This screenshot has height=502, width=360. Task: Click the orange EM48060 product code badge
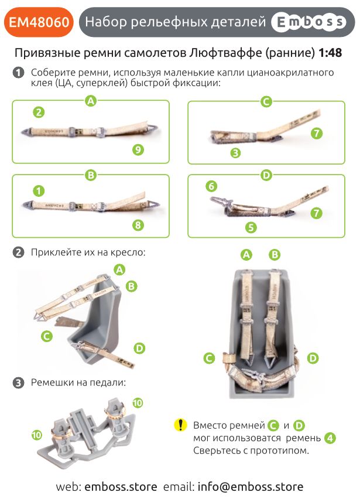pyautogui.click(x=39, y=22)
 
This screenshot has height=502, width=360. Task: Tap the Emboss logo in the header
pyautogui.click(x=309, y=22)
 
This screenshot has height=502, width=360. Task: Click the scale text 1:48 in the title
pyautogui.click(x=330, y=53)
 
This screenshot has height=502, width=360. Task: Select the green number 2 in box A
pyautogui.click(x=39, y=112)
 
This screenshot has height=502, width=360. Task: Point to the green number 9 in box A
pyautogui.click(x=138, y=149)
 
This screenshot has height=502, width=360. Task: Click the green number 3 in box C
pyautogui.click(x=235, y=153)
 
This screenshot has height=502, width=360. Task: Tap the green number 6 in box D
pyautogui.click(x=211, y=186)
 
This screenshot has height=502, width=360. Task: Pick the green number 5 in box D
pyautogui.click(x=251, y=227)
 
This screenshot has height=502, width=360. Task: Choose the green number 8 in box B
pyautogui.click(x=138, y=225)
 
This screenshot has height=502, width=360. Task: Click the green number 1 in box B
pyautogui.click(x=39, y=191)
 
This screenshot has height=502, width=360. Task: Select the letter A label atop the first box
pyautogui.click(x=91, y=101)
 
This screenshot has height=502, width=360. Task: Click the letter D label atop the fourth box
pyautogui.click(x=266, y=175)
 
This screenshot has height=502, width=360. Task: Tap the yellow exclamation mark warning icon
pyautogui.click(x=180, y=425)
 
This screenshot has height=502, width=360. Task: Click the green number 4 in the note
pyautogui.click(x=330, y=438)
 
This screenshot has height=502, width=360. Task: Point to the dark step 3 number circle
pyautogui.click(x=18, y=383)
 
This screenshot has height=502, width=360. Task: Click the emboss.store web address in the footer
pyautogui.click(x=121, y=487)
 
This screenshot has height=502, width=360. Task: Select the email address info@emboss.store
pyautogui.click(x=251, y=487)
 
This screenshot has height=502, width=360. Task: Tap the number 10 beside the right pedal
pyautogui.click(x=138, y=403)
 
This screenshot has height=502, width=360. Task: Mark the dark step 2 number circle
pyautogui.click(x=18, y=252)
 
